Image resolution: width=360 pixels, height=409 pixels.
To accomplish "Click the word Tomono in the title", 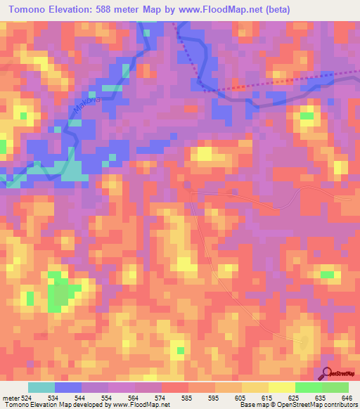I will [33, 11].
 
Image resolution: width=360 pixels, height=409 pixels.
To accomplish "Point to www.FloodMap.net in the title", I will [219, 11].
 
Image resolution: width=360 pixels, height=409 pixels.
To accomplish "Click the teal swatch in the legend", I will [41, 387].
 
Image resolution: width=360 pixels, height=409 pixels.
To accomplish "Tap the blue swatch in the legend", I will [68, 387].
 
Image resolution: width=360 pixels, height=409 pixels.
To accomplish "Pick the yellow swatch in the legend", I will [282, 387].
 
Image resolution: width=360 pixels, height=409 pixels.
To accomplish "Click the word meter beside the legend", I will [12, 397].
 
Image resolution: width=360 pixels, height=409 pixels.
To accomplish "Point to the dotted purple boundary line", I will [267, 86].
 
